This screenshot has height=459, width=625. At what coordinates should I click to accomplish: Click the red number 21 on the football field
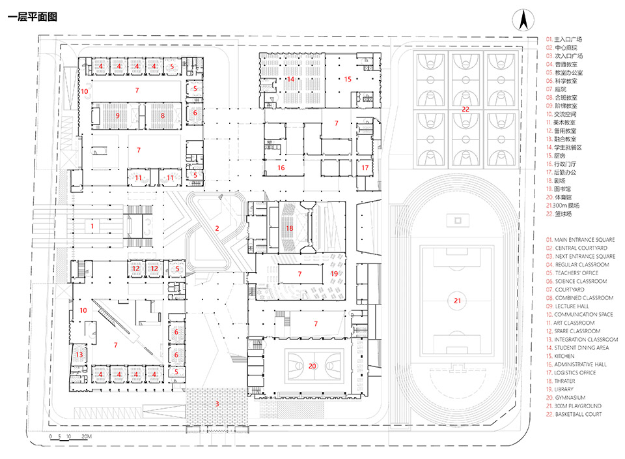pyautogui.click(x=457, y=301)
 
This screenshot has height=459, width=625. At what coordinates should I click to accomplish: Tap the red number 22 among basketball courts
pyautogui.click(x=465, y=110)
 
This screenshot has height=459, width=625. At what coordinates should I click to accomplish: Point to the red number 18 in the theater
pyautogui.click(x=290, y=228)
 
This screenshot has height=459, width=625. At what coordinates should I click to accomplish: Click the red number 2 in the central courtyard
pyautogui.click(x=217, y=228)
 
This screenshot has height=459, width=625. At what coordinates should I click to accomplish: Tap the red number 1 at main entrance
pyautogui.click(x=92, y=226)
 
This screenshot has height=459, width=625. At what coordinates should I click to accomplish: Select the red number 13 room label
pyautogui.click(x=79, y=355)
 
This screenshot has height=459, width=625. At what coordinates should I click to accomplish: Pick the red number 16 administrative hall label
pyautogui.click(x=281, y=168)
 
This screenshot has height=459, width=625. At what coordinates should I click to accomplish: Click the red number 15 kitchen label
pyautogui.click(x=348, y=79)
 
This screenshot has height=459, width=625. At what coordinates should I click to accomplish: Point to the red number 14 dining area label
pyautogui.click(x=291, y=79)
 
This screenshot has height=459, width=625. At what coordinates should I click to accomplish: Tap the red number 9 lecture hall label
pyautogui.click(x=118, y=115)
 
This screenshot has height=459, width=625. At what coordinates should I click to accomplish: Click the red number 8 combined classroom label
pyautogui.click(x=162, y=115)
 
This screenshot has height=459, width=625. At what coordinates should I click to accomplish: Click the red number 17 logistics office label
pyautogui.click(x=365, y=168)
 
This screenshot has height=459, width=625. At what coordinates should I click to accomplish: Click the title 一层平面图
pyautogui.click(x=32, y=17)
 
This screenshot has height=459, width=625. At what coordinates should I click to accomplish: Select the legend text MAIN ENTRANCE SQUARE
pyautogui.click(x=584, y=240)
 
